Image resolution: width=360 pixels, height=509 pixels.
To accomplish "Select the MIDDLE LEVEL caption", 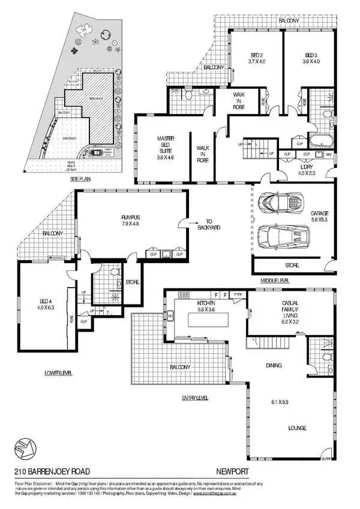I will pyautogui.click(x=275, y=280).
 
